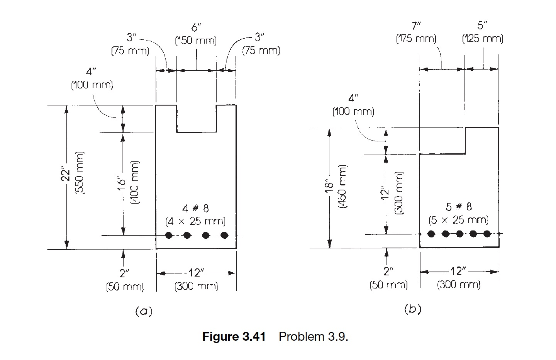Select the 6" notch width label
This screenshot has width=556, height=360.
tap(196, 28)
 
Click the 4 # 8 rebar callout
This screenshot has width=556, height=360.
tap(195, 209)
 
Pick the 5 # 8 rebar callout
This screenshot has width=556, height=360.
tap(459, 207)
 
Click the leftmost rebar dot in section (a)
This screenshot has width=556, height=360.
tap(168, 235)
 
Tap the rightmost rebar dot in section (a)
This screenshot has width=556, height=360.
tap(224, 235)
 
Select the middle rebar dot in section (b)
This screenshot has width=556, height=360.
tap(459, 234)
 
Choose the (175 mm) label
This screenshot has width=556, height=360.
tap(416, 39)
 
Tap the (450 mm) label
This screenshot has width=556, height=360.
tap(343, 187)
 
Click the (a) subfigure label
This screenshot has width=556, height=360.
tap(144, 311)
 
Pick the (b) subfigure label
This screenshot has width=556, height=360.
tap(412, 309)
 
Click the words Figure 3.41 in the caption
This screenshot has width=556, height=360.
tap(234, 337)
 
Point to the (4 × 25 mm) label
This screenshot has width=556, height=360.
tap(195, 222)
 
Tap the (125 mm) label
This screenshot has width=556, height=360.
tap(483, 39)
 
